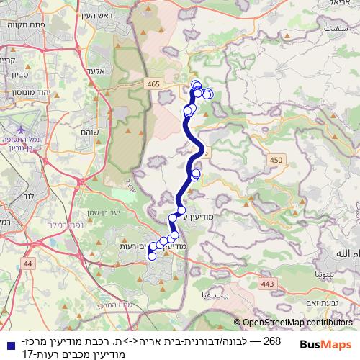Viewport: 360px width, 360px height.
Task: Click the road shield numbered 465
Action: [x=153, y=84]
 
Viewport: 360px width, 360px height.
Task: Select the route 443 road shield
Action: [x=268, y=284]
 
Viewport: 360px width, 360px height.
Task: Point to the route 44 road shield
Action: [x=28, y=264]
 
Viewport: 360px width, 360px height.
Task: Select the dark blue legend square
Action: [x=7, y=341]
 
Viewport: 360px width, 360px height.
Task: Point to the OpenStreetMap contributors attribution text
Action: [x=295, y=323]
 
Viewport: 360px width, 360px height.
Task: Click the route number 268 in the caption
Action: [x=273, y=341]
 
